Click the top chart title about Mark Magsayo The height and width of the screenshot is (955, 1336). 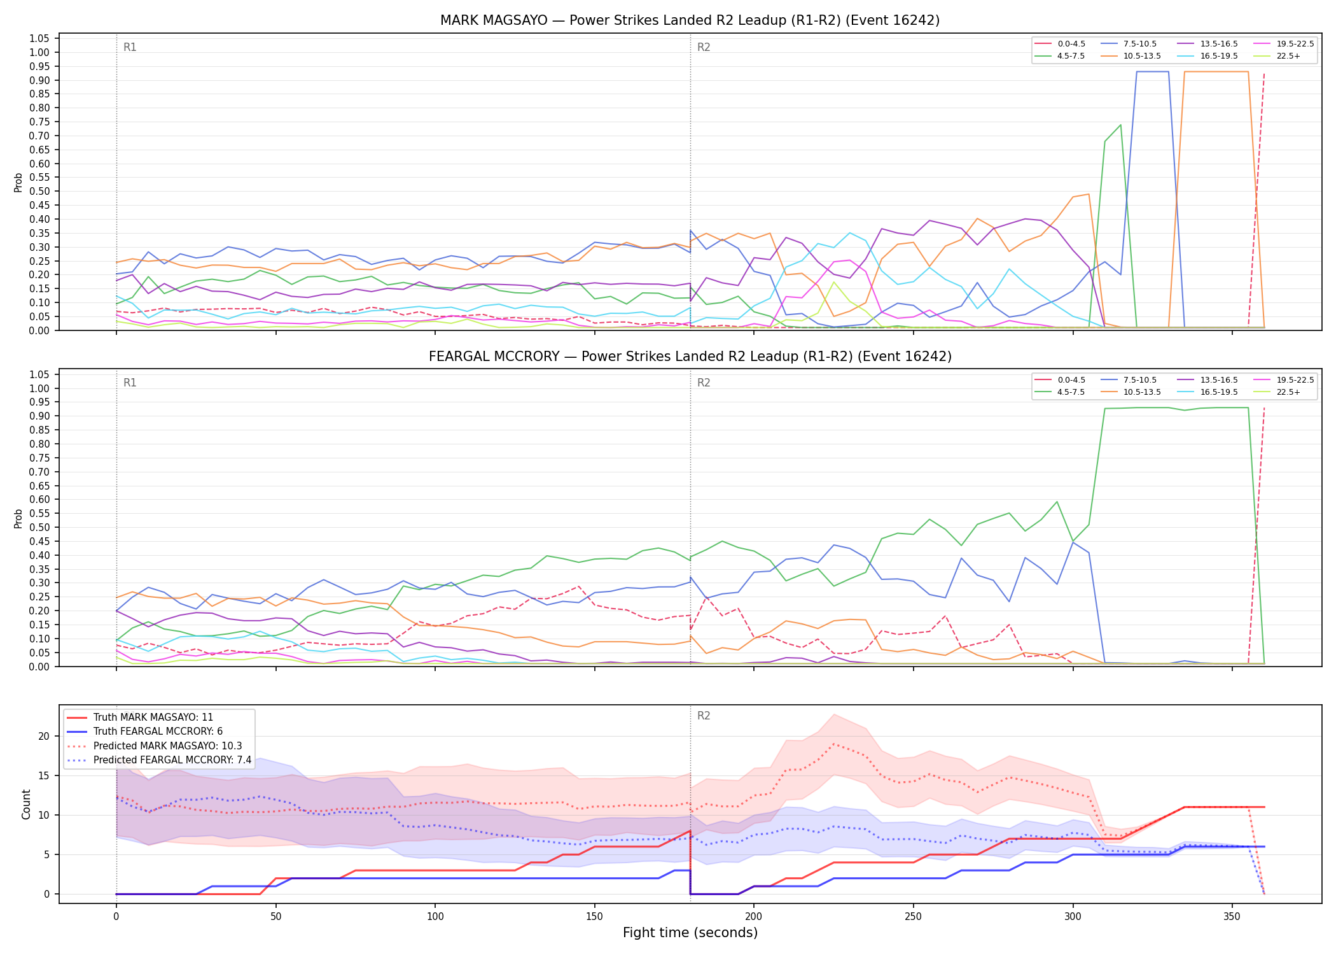(x=690, y=20)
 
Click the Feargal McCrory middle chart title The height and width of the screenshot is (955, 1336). (x=690, y=357)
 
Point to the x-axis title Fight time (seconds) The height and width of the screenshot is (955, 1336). (x=690, y=933)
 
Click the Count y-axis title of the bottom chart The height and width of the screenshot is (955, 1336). (x=26, y=804)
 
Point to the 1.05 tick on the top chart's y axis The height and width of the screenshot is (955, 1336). (x=39, y=39)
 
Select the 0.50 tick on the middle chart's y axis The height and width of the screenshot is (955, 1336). (x=39, y=527)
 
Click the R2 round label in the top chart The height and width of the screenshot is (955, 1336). (x=704, y=47)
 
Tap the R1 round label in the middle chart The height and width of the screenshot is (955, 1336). (x=130, y=383)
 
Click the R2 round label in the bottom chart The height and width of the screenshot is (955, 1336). (x=704, y=716)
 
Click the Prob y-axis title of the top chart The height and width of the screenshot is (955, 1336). (x=18, y=183)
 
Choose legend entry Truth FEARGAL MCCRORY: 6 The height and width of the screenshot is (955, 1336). (x=158, y=732)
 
